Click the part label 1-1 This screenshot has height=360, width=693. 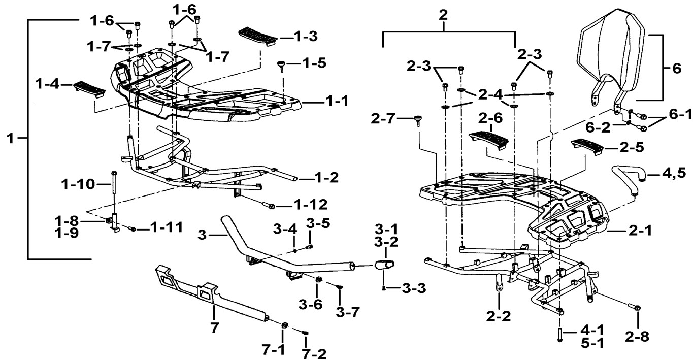click(x=337, y=101)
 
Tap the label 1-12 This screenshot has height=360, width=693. click(x=311, y=205)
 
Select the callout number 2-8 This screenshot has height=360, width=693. click(x=637, y=337)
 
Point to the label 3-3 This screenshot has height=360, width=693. click(x=414, y=288)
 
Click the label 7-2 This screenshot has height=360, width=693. click(x=314, y=354)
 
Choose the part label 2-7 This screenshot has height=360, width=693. click(x=383, y=118)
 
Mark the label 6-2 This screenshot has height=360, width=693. click(x=598, y=127)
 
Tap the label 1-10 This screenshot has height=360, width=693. click(x=78, y=184)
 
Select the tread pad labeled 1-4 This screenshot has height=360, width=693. click(x=90, y=89)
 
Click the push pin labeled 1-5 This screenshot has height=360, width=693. click(x=282, y=66)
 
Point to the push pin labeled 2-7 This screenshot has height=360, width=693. click(x=418, y=120)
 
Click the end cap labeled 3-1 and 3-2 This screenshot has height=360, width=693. click(x=384, y=265)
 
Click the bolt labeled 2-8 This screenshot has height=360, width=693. click(x=634, y=307)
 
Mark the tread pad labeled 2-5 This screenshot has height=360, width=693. click(x=587, y=146)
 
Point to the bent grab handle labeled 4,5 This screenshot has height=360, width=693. click(x=630, y=179)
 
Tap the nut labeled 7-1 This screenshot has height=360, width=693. click(x=283, y=325)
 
